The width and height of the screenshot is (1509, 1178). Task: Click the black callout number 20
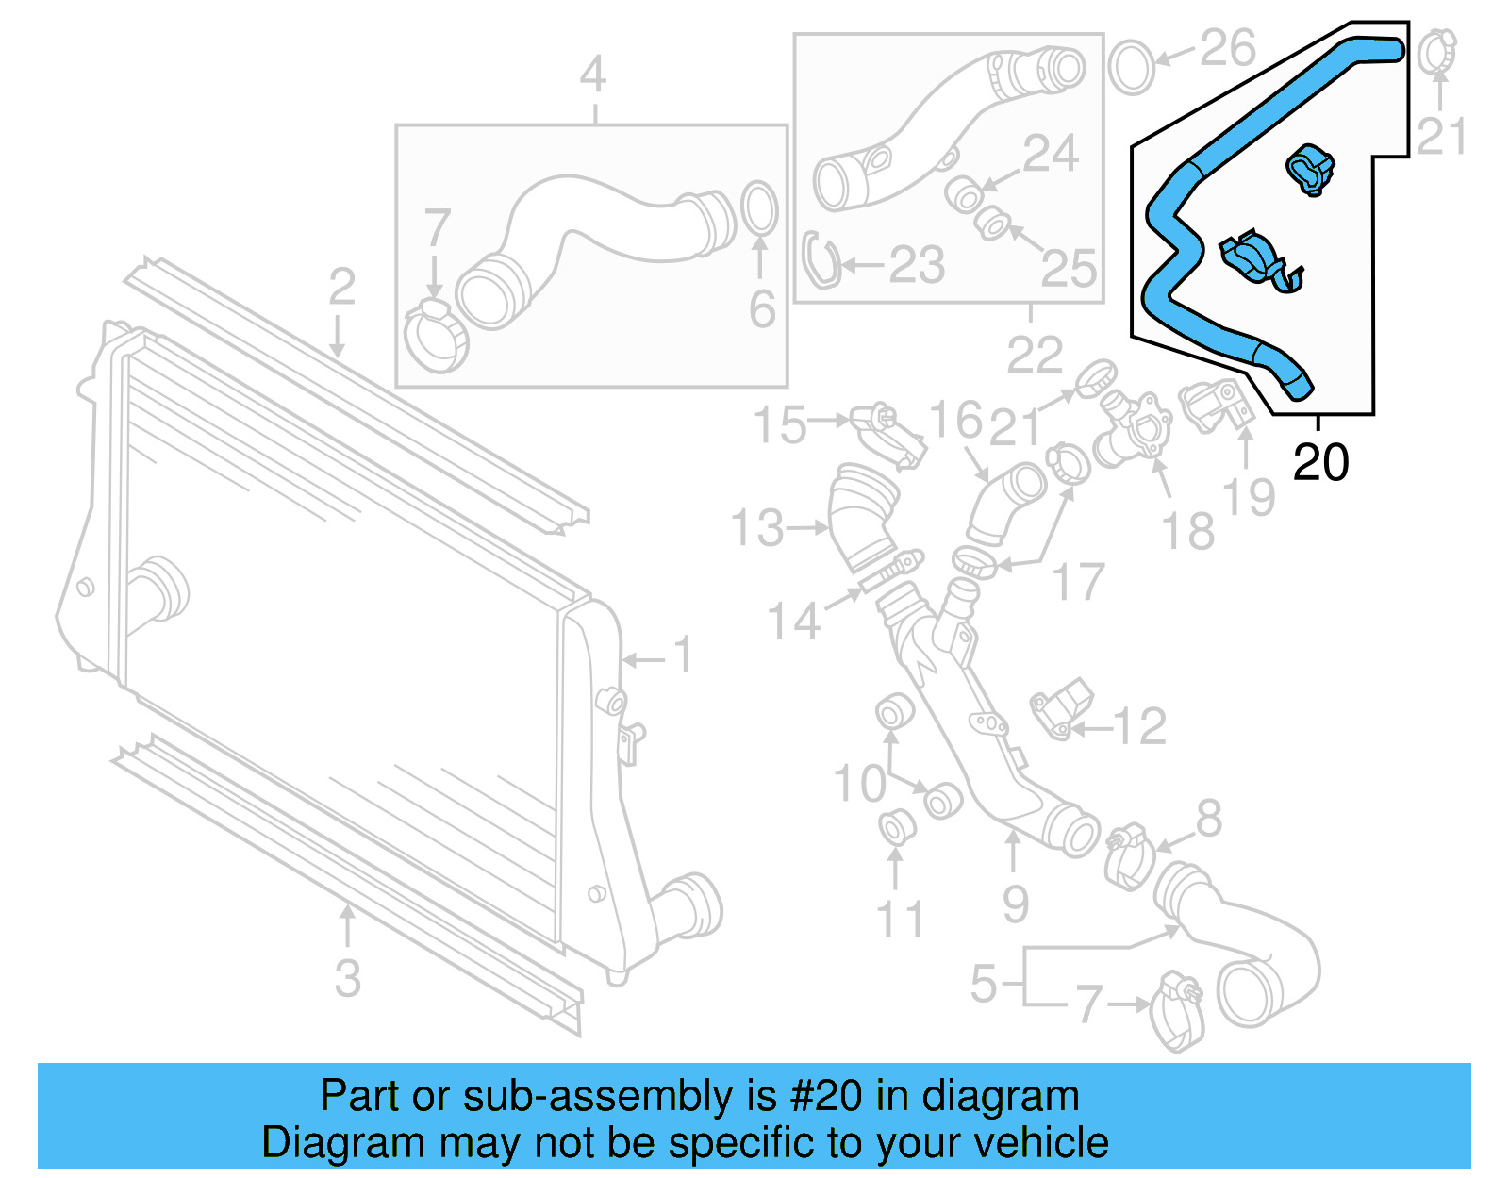click(1320, 463)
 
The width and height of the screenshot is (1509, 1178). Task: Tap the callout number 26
click(1228, 48)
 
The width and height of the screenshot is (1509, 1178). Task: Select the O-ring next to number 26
click(1131, 66)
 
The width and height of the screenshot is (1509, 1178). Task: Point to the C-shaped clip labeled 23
click(821, 261)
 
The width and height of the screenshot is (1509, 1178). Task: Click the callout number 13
click(757, 528)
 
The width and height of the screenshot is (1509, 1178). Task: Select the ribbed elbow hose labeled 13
click(863, 517)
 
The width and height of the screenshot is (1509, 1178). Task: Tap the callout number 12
click(1139, 726)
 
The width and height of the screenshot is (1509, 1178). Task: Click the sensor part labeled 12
click(1062, 708)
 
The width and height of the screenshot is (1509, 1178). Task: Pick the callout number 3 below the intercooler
click(347, 978)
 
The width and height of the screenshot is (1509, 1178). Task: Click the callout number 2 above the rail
click(341, 286)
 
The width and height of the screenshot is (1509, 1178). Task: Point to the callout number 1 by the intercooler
click(683, 655)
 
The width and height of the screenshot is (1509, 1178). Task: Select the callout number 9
click(1015, 904)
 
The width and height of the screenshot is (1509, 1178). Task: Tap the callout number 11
click(900, 920)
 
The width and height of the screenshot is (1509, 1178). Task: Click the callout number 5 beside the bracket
click(984, 984)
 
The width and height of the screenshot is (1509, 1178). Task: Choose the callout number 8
click(1209, 819)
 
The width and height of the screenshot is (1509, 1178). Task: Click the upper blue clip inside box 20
click(1311, 169)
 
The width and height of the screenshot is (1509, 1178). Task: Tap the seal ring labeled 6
click(759, 208)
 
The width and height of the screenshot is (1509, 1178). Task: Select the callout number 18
click(1188, 531)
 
